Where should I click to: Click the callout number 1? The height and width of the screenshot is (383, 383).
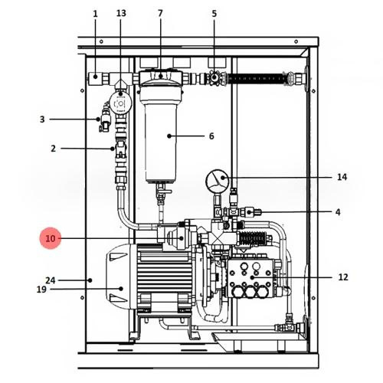[95, 14]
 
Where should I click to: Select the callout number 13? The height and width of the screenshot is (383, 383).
[121, 13]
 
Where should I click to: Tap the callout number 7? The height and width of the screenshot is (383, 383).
[160, 13]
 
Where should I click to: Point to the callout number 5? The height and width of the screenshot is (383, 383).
[214, 14]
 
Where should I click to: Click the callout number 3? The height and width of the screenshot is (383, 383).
[42, 119]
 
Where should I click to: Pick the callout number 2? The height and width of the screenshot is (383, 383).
[53, 149]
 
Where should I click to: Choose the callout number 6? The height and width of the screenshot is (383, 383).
[211, 136]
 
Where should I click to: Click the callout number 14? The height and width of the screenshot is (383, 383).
[342, 177]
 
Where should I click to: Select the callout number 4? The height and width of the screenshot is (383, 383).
[338, 212]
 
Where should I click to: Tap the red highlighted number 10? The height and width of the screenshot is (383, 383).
[51, 238]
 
